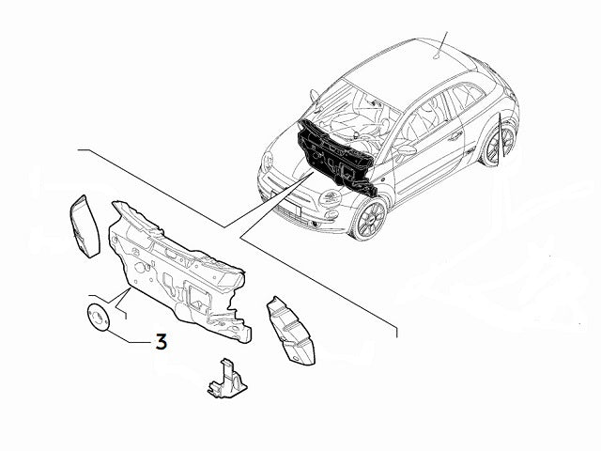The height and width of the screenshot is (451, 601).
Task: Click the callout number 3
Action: pyautogui.click(x=161, y=342)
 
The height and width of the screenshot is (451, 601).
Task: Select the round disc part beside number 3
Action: pyautogui.click(x=97, y=318)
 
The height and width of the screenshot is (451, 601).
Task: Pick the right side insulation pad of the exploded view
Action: pyautogui.click(x=291, y=331)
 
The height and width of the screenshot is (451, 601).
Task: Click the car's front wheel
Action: pyautogui.click(x=368, y=219)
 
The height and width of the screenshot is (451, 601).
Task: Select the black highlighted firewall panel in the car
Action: pyautogui.click(x=337, y=159)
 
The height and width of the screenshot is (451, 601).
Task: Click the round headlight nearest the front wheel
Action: pyautogui.click(x=331, y=197)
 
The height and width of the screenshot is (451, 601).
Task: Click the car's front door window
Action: pyautogui.click(x=422, y=119)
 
